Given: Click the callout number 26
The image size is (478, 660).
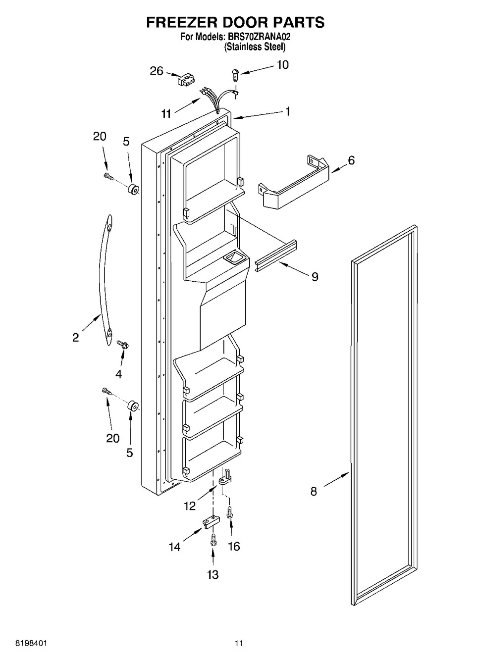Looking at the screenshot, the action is tap(157, 71).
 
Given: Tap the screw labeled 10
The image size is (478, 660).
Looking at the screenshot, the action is tap(235, 75).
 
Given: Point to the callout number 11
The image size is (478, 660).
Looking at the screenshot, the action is tap(166, 113).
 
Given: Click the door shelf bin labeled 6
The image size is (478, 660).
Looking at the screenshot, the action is tap(293, 182).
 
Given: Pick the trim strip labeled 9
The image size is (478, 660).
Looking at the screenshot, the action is tap(276, 256).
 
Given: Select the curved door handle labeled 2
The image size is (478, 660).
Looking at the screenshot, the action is tap(106, 280).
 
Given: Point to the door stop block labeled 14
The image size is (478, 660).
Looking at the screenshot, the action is tap(211, 524).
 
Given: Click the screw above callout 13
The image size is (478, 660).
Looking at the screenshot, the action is tap(213, 541).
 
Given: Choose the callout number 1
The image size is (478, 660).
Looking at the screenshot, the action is tap(288, 111).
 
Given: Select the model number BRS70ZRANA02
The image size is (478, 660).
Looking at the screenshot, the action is tap(259, 37).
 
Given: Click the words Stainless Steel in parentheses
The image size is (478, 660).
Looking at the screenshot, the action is tap(255, 47).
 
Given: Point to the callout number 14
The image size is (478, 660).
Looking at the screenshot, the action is tap(174, 547).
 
